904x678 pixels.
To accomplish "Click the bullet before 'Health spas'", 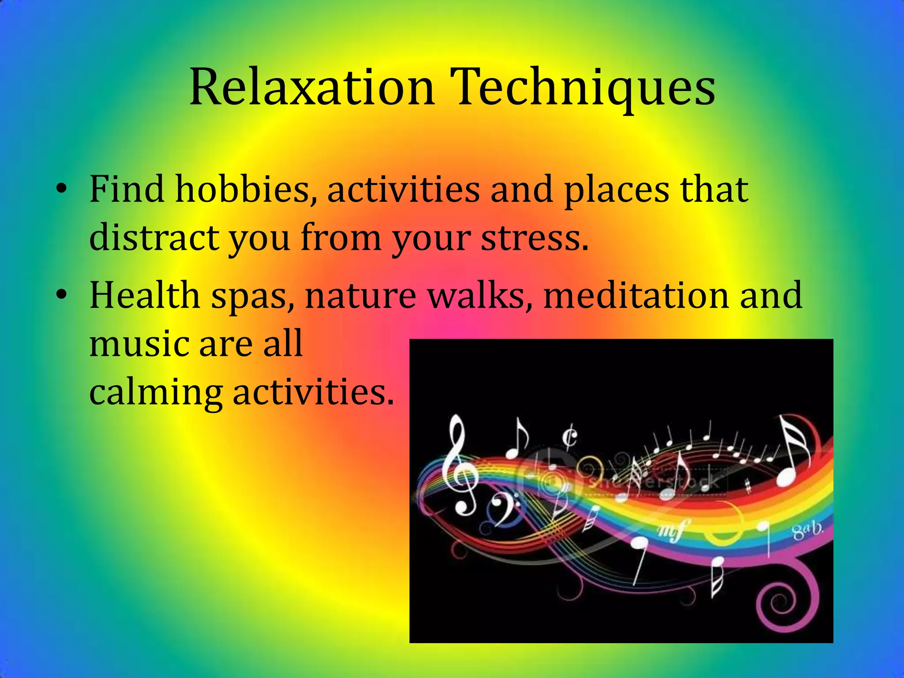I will pos(61,294).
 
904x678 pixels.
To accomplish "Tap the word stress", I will pos(534,238).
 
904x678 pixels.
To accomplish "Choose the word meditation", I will pos(635,295).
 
